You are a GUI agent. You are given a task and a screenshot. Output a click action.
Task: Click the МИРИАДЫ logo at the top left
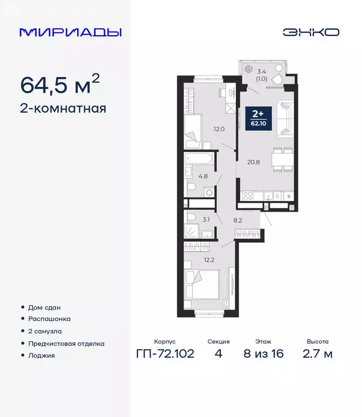(70, 32)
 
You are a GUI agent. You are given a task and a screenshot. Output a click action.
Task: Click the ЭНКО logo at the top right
(310, 32)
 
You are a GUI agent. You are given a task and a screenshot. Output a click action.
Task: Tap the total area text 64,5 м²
(60, 85)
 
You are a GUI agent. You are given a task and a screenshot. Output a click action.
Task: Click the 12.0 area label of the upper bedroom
(219, 129)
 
